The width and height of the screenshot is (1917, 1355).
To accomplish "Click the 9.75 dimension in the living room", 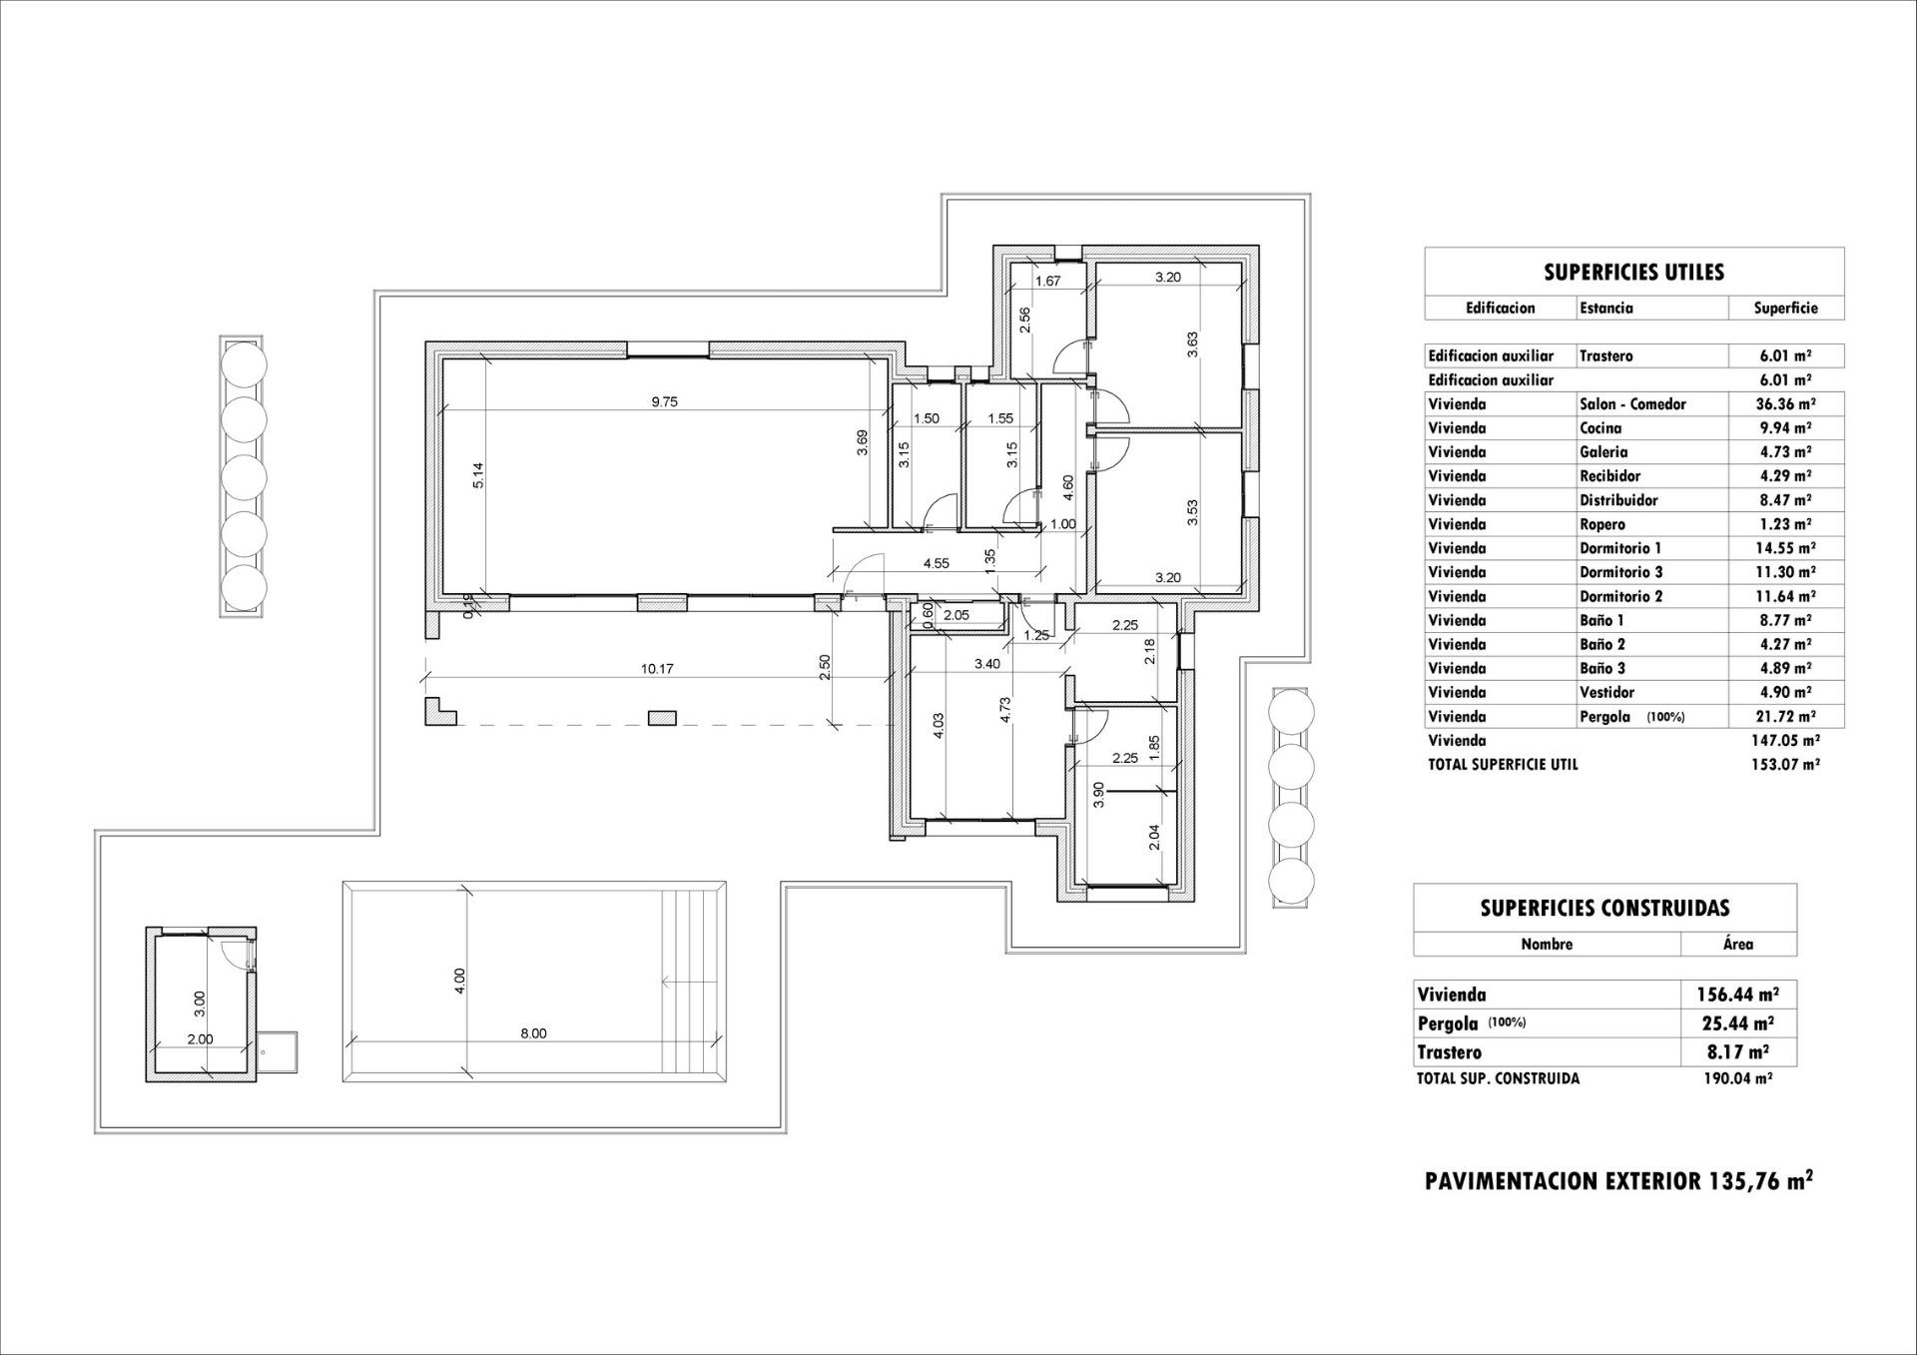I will (x=664, y=402).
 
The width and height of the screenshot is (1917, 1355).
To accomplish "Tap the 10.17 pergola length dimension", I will (x=657, y=669).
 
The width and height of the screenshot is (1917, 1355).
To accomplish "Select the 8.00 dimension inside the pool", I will (x=533, y=1033).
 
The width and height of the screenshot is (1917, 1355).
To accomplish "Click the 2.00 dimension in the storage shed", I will (x=201, y=1038).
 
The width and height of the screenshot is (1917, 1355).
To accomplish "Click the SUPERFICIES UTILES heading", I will (x=1633, y=273).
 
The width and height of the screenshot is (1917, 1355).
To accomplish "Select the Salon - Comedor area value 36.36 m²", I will (x=1785, y=404).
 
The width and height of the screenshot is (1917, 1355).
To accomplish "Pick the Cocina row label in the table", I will (x=1600, y=428).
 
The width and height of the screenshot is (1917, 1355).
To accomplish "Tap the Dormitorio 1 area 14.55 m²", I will (x=1785, y=548).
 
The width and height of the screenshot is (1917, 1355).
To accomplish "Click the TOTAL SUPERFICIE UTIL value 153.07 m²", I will (x=1785, y=765).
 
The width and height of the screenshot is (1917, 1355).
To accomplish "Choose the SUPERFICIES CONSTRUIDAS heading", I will (x=1604, y=909).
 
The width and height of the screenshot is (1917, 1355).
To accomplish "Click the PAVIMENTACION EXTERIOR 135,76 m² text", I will (x=1618, y=1181).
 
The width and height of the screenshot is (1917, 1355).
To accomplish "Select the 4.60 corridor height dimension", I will (x=1068, y=487).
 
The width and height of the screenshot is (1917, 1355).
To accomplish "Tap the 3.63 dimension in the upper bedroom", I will (x=1192, y=344).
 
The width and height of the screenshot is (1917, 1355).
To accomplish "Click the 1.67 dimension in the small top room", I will (x=1047, y=282).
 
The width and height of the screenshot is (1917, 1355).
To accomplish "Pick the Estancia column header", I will (x=1606, y=309).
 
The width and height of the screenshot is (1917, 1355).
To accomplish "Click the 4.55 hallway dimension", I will (x=936, y=564).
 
